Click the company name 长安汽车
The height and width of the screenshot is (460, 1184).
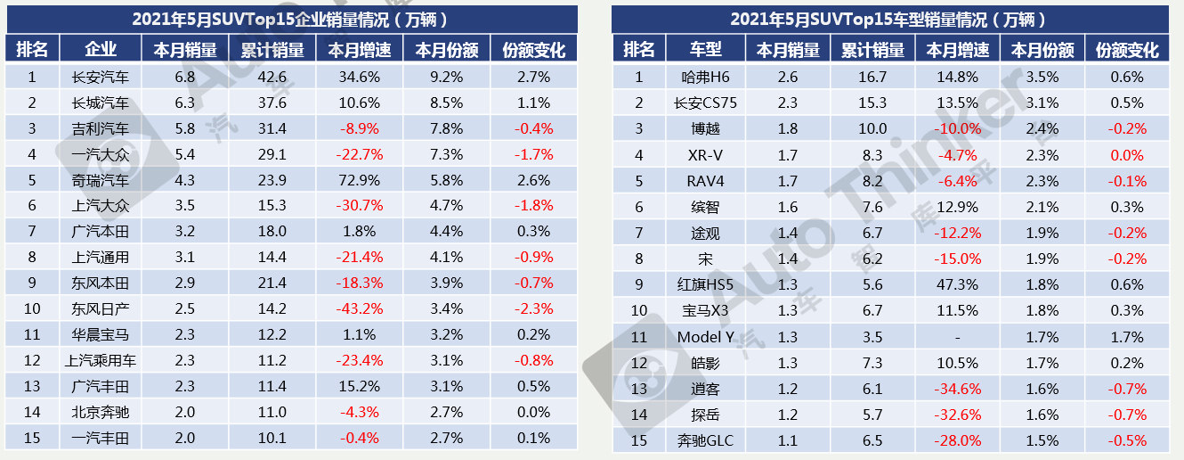coord(101,77)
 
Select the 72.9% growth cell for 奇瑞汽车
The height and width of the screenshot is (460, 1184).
coord(361,180)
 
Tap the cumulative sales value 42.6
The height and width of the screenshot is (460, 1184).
coord(272,77)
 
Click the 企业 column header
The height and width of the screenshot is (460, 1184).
coord(101,49)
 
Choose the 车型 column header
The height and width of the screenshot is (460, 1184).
coord(707,49)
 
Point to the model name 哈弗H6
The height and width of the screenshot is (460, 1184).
coord(707,77)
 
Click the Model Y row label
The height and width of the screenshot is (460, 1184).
coord(707,337)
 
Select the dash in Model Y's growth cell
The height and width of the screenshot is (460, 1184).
coord(957,337)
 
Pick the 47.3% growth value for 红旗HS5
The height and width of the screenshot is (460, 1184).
coord(957,285)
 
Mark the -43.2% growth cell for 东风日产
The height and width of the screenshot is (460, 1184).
coord(361,309)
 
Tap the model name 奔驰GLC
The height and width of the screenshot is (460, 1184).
coord(707,440)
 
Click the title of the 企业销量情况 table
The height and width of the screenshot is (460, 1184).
coord(290,19)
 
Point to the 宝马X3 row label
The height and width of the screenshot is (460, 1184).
coord(707,310)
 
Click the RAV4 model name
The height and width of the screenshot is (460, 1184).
coord(707,181)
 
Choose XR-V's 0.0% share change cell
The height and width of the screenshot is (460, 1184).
coord(1127,155)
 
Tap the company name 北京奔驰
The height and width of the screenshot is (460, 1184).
coord(101,413)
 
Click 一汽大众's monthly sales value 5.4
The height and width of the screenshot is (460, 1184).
coord(184,154)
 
